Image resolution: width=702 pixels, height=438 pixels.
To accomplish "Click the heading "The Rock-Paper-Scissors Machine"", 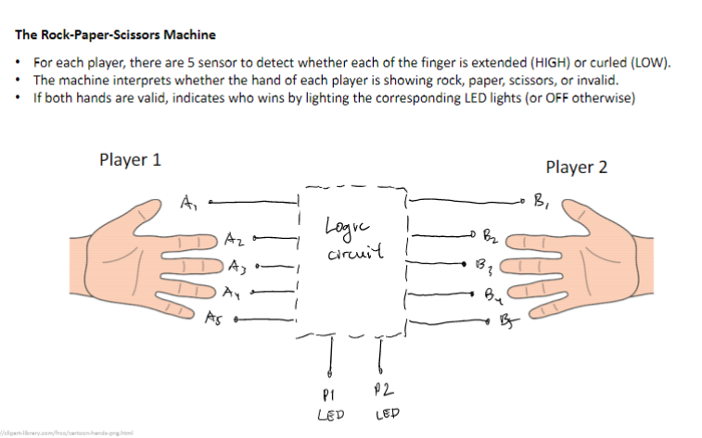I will click(115, 35).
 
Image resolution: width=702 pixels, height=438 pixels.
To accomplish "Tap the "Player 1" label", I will click(130, 159).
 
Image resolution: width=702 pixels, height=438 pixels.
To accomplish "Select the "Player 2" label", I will click(576, 168).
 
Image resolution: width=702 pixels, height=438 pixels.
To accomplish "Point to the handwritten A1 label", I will click(189, 200).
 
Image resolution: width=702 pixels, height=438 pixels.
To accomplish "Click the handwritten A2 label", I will click(235, 240).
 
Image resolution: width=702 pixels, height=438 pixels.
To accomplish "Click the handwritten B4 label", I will click(493, 298).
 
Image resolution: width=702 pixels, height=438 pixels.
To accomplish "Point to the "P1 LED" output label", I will click(330, 404).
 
